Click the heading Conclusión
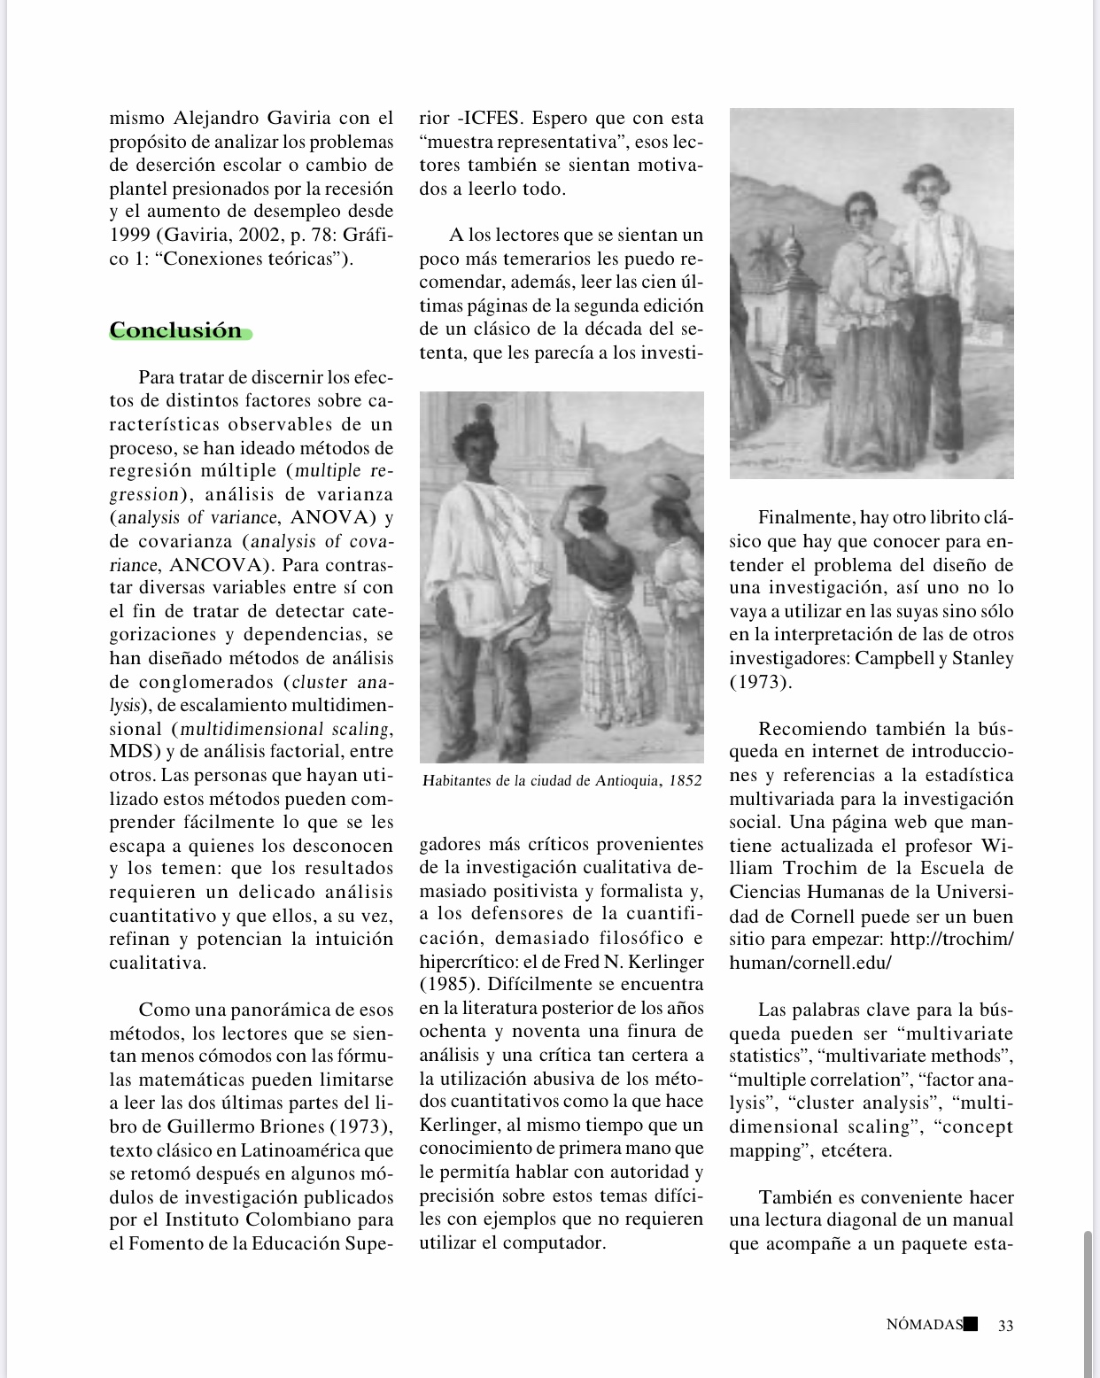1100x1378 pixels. [176, 330]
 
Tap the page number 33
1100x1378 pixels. [1005, 1326]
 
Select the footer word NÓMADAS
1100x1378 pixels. [924, 1326]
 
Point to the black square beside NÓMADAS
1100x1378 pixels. [971, 1324]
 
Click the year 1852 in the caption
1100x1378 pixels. [685, 781]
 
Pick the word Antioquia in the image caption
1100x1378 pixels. [626, 781]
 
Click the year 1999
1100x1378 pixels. [130, 236]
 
